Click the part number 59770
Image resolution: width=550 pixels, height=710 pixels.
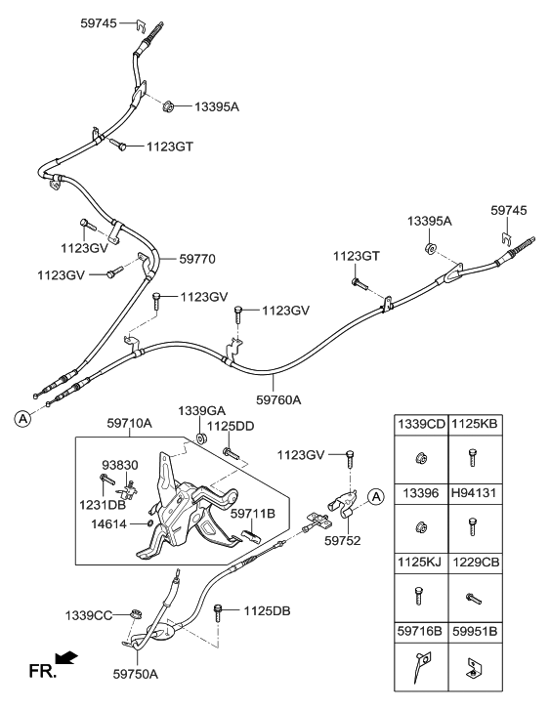click(x=198, y=259)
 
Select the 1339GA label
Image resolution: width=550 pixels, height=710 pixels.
click(x=201, y=411)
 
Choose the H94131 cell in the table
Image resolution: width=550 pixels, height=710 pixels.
click(x=475, y=494)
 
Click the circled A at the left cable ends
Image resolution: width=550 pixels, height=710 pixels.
click(x=21, y=418)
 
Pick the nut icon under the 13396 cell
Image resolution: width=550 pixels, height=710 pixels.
click(x=420, y=528)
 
